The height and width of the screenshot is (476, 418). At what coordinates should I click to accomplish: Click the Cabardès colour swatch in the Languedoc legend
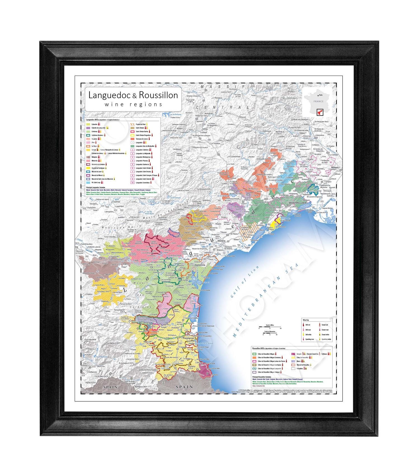pos(88,124)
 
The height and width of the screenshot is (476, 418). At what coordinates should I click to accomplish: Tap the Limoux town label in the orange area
pos(112,284)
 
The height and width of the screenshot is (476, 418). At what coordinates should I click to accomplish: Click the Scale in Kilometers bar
pos(269,333)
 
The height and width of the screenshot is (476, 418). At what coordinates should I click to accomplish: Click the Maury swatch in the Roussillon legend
pos(293,361)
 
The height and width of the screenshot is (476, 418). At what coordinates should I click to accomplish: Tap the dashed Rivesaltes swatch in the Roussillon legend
pos(293,368)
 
